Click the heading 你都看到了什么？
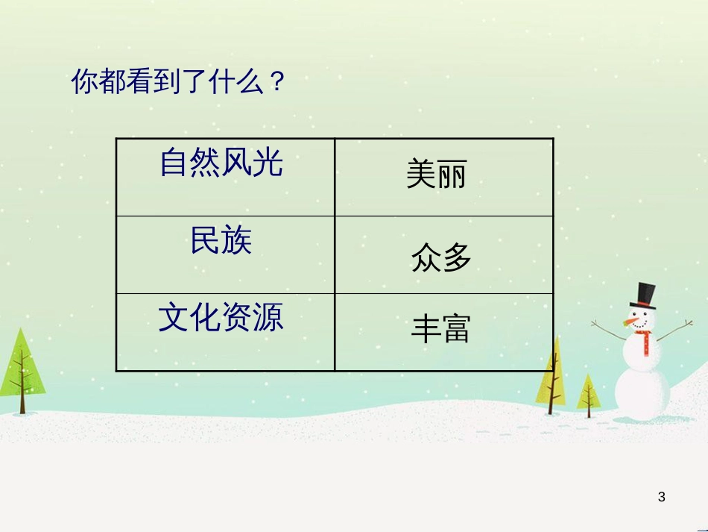pos(178,81)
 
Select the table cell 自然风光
pos(225,177)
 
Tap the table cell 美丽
pos(444,177)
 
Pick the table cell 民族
pos(225,255)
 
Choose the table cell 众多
pos(444,255)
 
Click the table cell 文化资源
pos(225,332)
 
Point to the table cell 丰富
pos(444,332)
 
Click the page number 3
pos(662,497)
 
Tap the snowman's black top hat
pos(645,296)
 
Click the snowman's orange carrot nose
pos(630,322)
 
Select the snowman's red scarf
pos(645,341)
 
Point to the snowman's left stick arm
pos(609,331)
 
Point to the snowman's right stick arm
pos(674,330)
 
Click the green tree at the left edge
pos(21,371)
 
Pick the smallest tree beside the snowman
pos(588,395)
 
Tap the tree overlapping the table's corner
pos(551,375)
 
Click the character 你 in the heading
pos(84,82)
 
